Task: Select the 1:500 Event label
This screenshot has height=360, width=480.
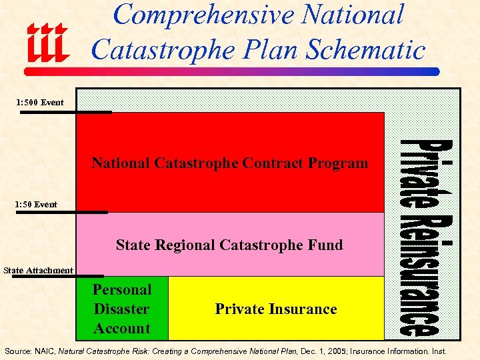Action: tap(41, 102)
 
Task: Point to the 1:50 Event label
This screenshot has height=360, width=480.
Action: tap(37, 204)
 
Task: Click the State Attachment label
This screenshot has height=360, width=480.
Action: tap(38, 270)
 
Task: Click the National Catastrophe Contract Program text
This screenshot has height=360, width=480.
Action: tap(229, 163)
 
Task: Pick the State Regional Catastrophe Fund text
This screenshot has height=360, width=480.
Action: tap(229, 245)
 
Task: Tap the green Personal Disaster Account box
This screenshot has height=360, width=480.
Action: tap(123, 309)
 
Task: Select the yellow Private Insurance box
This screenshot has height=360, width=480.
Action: tap(276, 309)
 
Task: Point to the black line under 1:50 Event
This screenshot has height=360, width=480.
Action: tap(63, 213)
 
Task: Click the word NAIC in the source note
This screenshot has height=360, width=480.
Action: tap(45, 351)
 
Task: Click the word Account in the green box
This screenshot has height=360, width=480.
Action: tap(122, 328)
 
